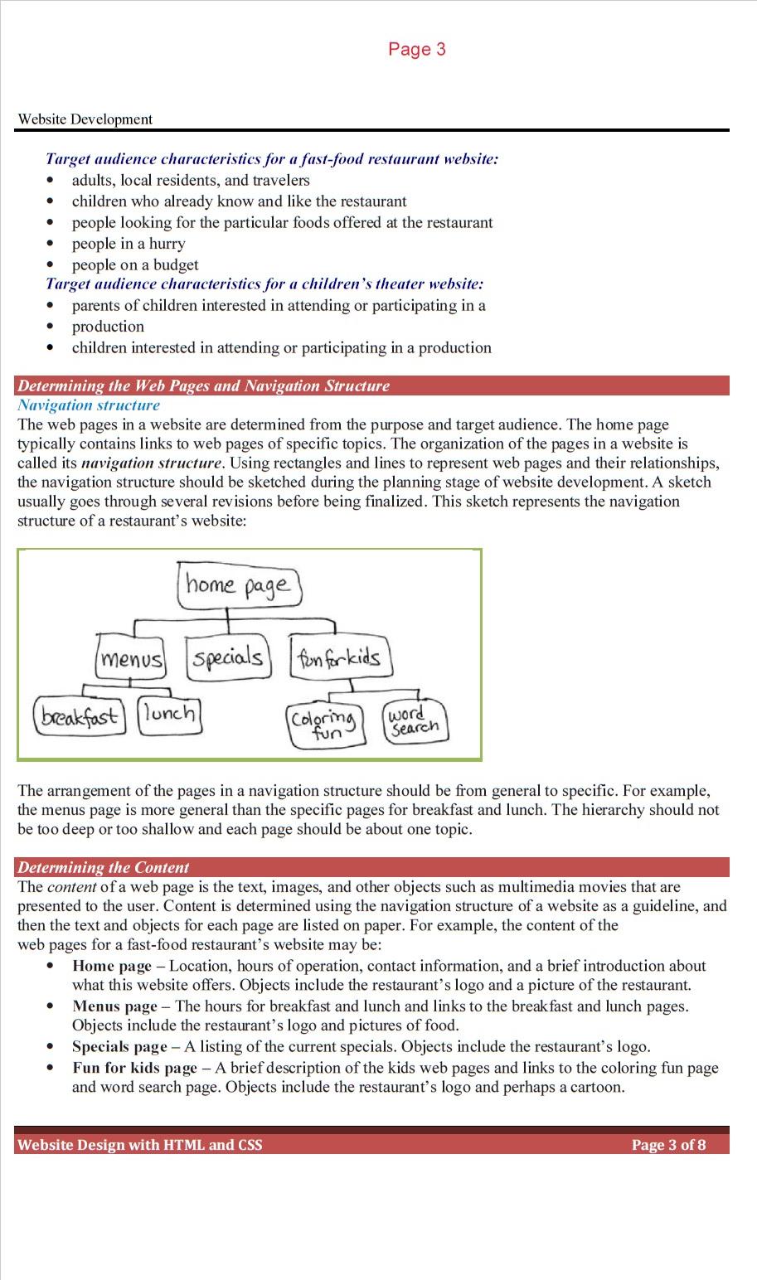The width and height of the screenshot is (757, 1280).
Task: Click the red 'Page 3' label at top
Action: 416,49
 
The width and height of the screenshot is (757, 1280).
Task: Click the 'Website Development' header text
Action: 85,119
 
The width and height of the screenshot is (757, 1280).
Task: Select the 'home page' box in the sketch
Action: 240,585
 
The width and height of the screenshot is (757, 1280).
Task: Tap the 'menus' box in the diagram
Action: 130,659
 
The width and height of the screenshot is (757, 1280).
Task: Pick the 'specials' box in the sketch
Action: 227,657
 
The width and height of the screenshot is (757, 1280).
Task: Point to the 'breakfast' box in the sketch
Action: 79,715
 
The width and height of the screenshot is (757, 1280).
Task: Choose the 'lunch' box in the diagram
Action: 169,713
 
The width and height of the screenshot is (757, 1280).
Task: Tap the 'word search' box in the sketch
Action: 415,721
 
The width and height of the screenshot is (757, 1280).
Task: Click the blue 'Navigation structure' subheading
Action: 89,405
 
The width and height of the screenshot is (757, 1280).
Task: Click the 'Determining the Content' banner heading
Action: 103,868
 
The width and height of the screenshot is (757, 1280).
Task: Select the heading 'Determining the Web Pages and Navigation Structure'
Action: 203,385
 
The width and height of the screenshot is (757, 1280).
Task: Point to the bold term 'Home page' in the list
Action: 112,966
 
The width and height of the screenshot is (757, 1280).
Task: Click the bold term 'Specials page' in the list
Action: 119,1046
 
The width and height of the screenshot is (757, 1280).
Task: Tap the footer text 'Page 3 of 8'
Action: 668,1145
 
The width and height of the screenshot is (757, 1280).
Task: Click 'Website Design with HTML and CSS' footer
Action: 139,1145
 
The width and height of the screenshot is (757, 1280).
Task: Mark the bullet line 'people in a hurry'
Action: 129,244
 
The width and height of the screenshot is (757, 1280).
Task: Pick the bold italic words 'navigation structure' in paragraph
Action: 152,463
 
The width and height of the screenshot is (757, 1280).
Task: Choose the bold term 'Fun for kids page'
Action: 134,1068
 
